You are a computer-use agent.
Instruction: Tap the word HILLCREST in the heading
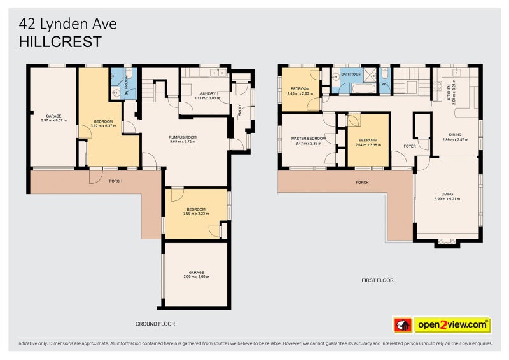pos(60,41)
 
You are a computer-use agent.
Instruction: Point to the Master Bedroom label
pos(309,139)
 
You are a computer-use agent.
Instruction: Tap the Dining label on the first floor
pos(455,134)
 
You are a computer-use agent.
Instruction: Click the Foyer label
pos(410,146)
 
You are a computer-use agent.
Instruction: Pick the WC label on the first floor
pos(384,84)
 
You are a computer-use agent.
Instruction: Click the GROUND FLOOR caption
pos(155,324)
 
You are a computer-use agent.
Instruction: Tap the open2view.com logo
pos(452,325)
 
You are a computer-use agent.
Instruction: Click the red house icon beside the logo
pos(402,325)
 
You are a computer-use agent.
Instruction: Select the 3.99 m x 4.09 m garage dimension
pos(196,277)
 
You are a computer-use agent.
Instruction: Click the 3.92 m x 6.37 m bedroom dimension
pos(104,126)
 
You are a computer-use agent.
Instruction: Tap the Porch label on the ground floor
pos(115,181)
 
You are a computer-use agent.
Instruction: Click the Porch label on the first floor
pos(362,183)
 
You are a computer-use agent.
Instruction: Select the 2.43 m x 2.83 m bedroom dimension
pos(300,93)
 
